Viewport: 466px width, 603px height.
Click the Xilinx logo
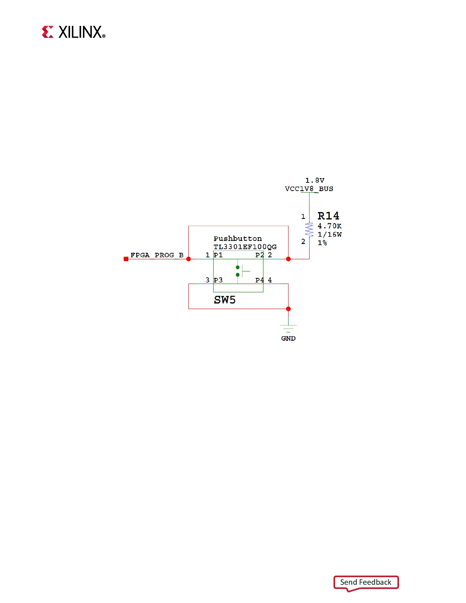(x=73, y=32)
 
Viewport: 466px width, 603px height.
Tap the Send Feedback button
(x=365, y=582)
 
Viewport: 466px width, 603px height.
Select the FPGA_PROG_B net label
(x=157, y=255)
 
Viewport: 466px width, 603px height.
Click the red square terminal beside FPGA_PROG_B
(x=126, y=259)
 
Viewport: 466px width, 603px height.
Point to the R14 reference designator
(x=328, y=216)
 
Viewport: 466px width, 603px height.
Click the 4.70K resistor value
(x=329, y=226)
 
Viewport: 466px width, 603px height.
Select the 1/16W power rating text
(x=329, y=234)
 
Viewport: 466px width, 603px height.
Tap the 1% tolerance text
(x=322, y=243)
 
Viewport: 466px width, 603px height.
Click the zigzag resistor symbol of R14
(x=309, y=230)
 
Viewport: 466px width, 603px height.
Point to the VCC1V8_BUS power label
(x=309, y=189)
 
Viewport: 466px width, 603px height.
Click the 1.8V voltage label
(x=314, y=180)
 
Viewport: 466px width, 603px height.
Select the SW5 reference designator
(x=225, y=300)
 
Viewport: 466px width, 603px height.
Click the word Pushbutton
(x=238, y=239)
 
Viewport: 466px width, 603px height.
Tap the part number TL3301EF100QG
(x=245, y=247)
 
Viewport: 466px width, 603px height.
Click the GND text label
(x=288, y=338)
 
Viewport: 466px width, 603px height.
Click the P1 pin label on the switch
(x=218, y=255)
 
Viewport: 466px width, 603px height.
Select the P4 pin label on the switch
(x=259, y=280)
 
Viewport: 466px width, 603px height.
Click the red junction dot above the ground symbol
(x=288, y=309)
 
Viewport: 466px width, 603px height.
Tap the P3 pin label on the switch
(x=218, y=280)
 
